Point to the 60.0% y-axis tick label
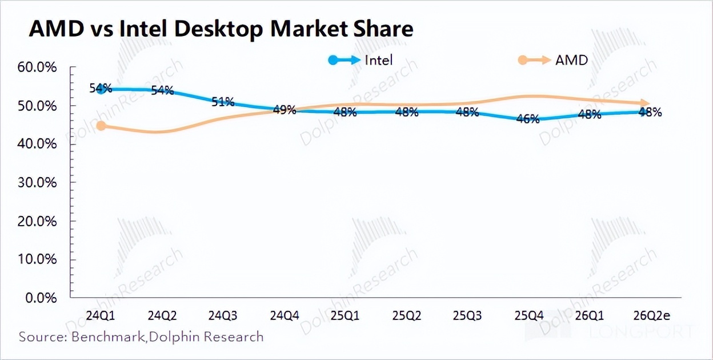tap(38, 67)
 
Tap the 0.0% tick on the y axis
tap(41, 298)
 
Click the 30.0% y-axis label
tap(38, 183)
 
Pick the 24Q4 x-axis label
tap(284, 315)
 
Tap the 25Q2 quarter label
tap(406, 315)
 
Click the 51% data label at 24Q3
tap(223, 102)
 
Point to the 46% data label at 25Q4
tap(527, 119)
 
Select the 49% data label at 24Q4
tap(284, 110)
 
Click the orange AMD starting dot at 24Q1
tap(101, 126)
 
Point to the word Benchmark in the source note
tap(107, 337)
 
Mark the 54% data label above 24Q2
tap(162, 90)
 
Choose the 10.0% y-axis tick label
tap(38, 259)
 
